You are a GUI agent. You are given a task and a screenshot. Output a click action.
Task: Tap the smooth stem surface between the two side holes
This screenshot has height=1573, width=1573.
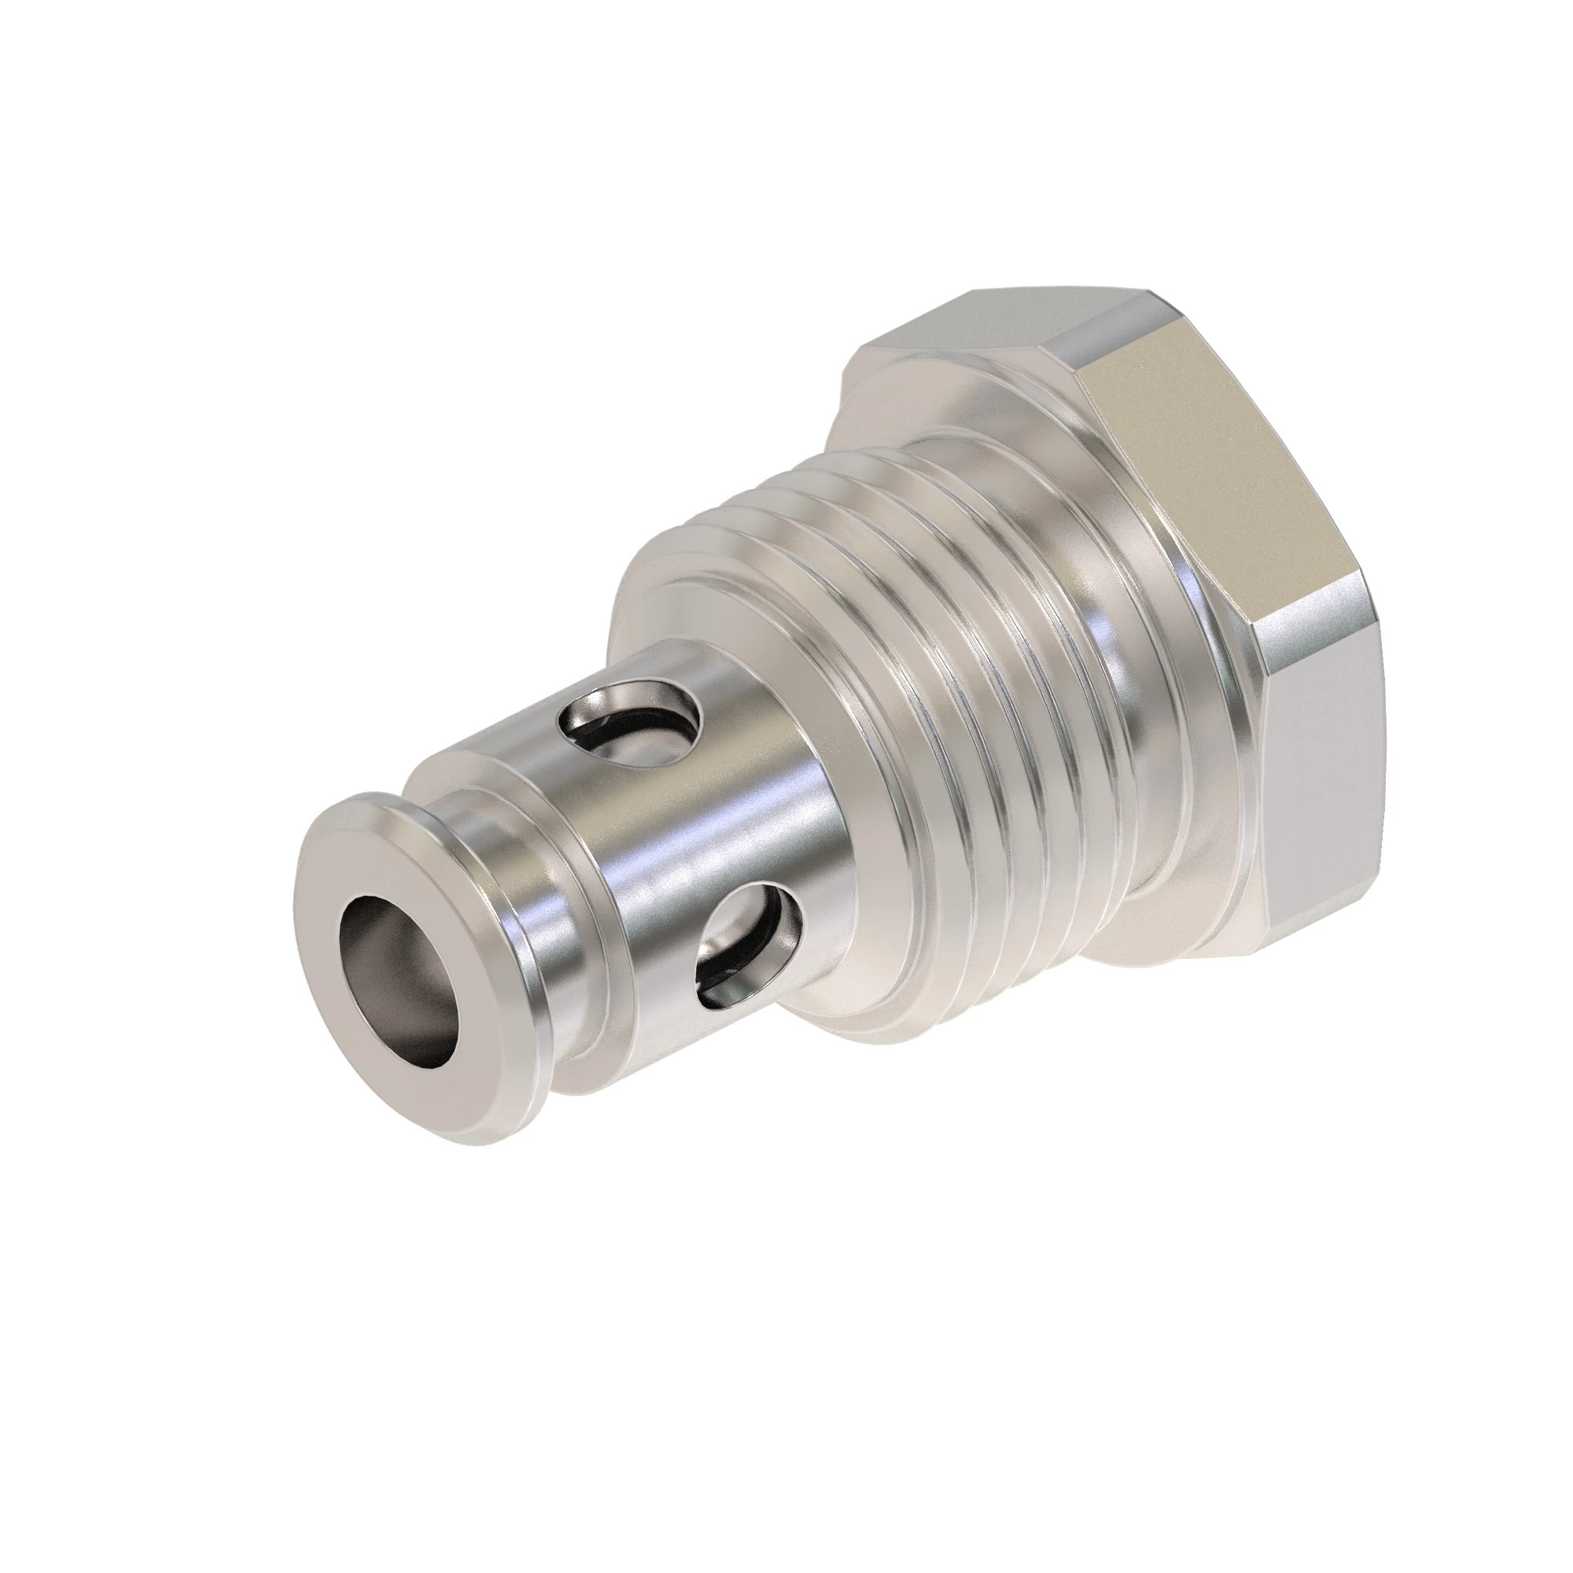coord(692,831)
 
